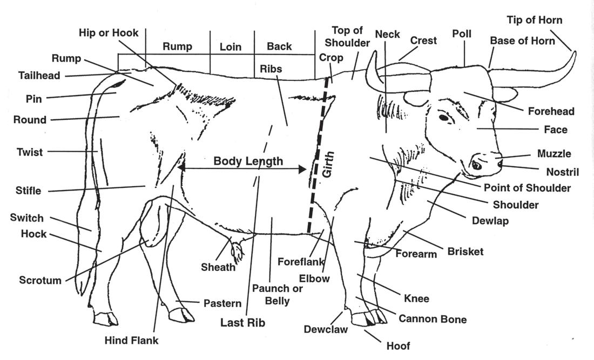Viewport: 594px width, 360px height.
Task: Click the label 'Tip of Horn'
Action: pyautogui.click(x=534, y=21)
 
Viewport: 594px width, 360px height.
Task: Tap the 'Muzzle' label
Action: pyautogui.click(x=553, y=154)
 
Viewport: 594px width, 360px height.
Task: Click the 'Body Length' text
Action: pyautogui.click(x=248, y=161)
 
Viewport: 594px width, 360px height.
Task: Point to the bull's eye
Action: pyautogui.click(x=443, y=117)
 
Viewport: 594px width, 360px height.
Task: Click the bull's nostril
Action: pyautogui.click(x=476, y=165)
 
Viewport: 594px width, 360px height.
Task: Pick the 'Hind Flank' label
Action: pyautogui.click(x=131, y=340)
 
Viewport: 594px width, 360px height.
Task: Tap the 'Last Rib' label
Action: pyautogui.click(x=242, y=323)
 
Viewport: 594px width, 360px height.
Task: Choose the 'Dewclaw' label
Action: pyautogui.click(x=325, y=329)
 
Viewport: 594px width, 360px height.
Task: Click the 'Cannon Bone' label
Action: pyautogui.click(x=432, y=319)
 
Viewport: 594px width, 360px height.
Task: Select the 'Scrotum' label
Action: pyautogui.click(x=40, y=280)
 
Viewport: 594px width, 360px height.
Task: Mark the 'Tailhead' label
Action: pyautogui.click(x=39, y=76)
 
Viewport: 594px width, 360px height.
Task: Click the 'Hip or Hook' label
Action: pyautogui.click(x=109, y=33)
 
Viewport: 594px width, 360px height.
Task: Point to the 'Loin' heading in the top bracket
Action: pyautogui.click(x=231, y=47)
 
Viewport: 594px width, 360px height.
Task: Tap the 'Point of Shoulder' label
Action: pyautogui.click(x=527, y=188)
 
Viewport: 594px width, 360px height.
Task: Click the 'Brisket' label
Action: pyautogui.click(x=465, y=252)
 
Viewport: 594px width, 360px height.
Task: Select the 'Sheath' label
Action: pyautogui.click(x=218, y=267)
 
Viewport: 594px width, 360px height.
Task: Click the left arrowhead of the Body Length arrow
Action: pyautogui.click(x=180, y=168)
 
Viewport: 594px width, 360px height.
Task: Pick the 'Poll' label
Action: pyautogui.click(x=462, y=34)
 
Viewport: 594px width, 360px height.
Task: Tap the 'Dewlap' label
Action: pyautogui.click(x=490, y=221)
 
